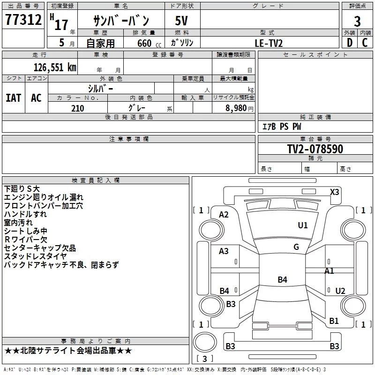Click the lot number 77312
pos(23,20)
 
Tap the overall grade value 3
pos(357,22)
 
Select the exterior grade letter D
pos(350,43)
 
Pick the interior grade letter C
pos(365,43)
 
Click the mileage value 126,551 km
pos(55,67)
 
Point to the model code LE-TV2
pos(269,43)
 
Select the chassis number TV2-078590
pos(315,149)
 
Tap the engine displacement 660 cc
pos(149,43)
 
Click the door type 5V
pos(181,21)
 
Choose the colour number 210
pos(77,108)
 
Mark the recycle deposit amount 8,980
pos(236,108)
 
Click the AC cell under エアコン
pos(36,98)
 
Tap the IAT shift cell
pos(13,98)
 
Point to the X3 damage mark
pos(334,192)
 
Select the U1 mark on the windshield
pos(302,225)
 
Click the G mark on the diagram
pos(296,247)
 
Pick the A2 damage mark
pos(224,215)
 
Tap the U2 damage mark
pos(340,291)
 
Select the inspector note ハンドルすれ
pos(25,214)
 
